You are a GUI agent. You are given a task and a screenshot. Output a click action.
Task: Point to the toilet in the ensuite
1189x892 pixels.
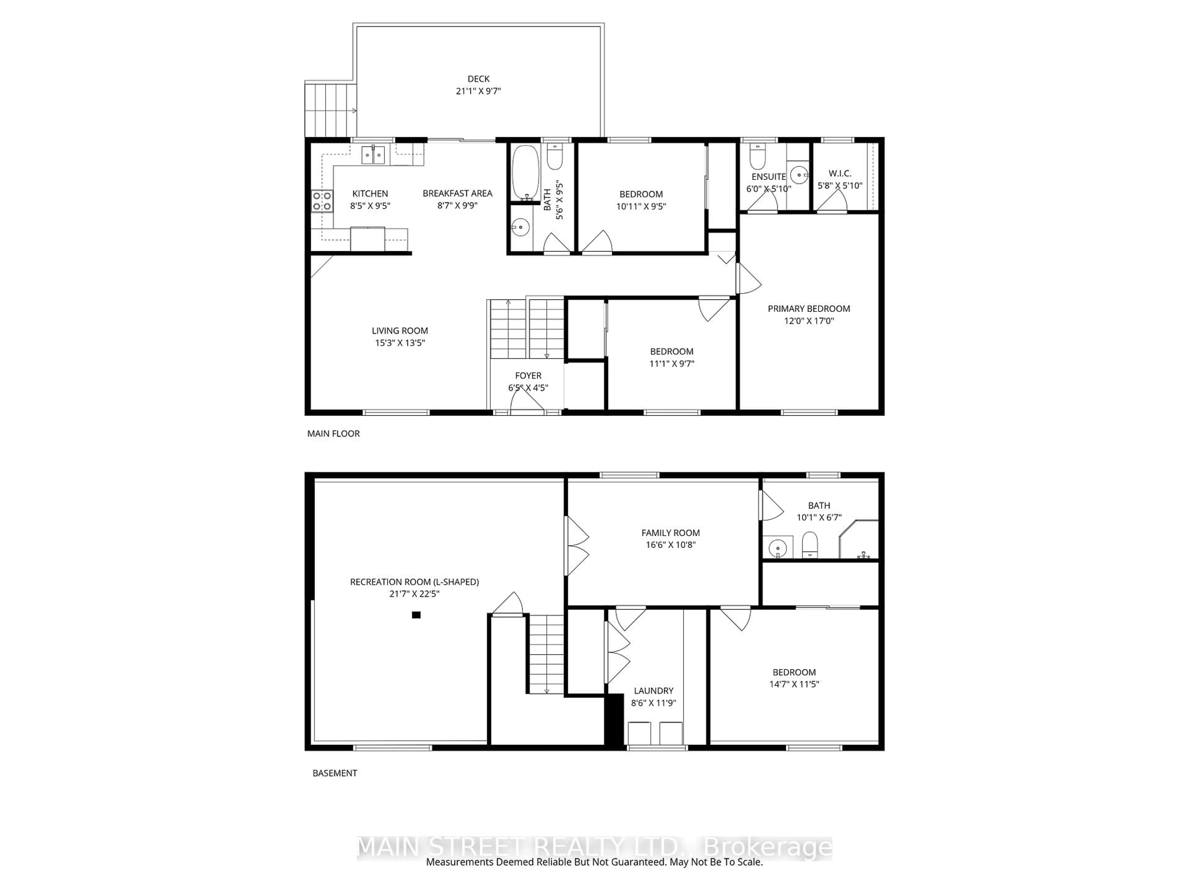coord(757,155)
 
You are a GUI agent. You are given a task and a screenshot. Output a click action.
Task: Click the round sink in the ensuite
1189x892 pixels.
coord(799,175)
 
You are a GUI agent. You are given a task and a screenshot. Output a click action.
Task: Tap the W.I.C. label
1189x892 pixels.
coord(840,173)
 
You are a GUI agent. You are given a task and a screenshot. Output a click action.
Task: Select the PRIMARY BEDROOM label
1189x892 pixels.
coord(808,308)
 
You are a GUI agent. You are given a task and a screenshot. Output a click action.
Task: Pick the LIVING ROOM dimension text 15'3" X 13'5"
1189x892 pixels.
coord(400,343)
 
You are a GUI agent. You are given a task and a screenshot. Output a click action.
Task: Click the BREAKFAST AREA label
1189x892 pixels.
coord(457,193)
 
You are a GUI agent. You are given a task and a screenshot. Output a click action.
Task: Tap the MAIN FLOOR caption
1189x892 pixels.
coord(333,433)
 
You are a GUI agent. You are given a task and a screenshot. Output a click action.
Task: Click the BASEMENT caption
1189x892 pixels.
coord(335,773)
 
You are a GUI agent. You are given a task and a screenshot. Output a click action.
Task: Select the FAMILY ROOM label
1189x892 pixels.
coord(670,533)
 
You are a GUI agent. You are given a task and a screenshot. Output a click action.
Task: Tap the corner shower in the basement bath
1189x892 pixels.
coord(858,539)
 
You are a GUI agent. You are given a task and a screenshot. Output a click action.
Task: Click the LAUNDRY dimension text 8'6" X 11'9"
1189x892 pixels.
coord(653,703)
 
